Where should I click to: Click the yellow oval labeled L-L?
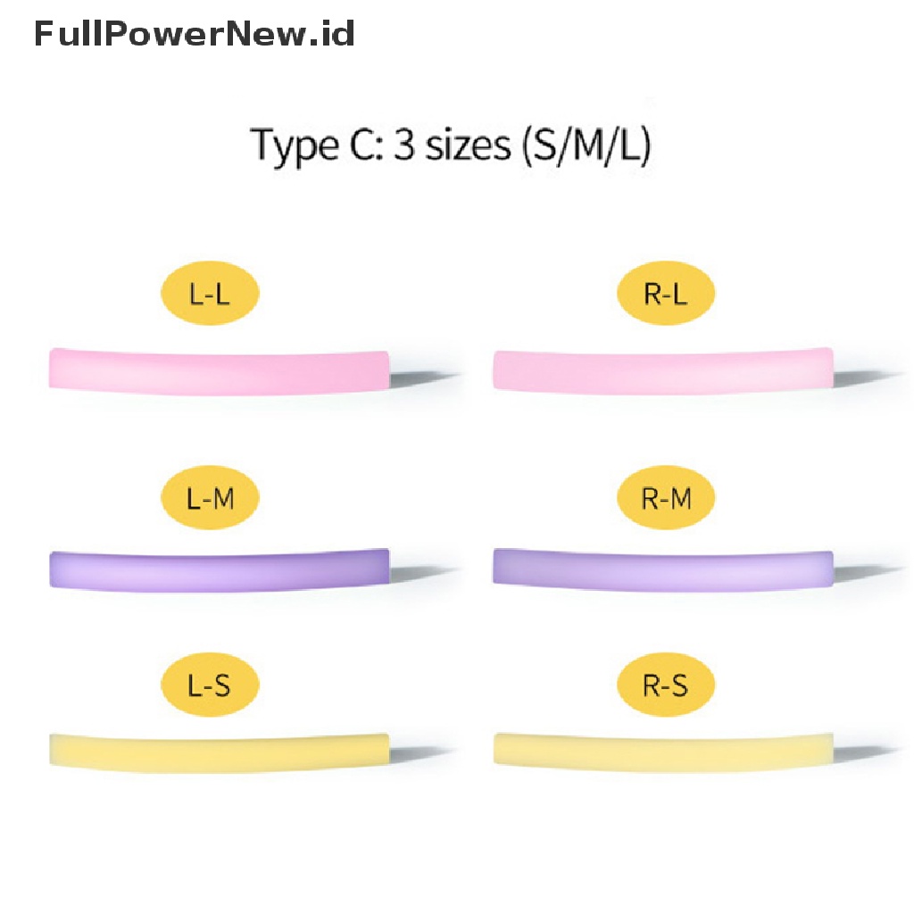point(210,295)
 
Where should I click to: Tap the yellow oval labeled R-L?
point(666,295)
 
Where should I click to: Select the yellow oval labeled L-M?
point(210,498)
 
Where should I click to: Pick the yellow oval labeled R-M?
point(666,498)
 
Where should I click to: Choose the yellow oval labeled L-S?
point(210,686)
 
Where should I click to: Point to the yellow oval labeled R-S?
point(666,686)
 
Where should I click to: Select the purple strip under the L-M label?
point(219,569)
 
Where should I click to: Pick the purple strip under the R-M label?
point(662,569)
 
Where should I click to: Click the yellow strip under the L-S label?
point(219,750)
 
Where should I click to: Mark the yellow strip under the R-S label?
point(662,750)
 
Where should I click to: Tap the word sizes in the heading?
point(465,145)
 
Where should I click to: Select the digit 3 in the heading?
point(403,145)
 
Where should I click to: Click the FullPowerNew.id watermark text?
point(195,34)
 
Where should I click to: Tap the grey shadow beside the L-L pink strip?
point(424,377)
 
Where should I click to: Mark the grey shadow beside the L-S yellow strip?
point(424,754)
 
